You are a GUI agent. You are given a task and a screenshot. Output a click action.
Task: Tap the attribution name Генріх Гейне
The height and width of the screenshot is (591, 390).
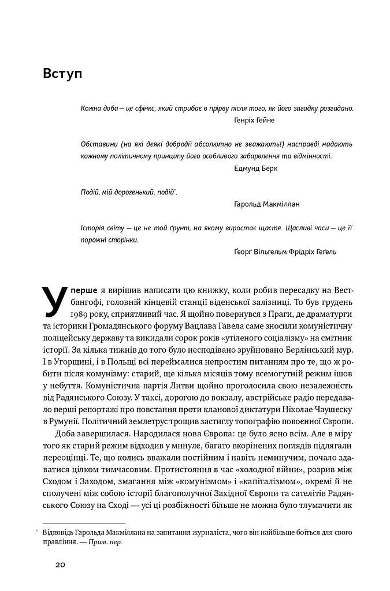pyautogui.click(x=255, y=120)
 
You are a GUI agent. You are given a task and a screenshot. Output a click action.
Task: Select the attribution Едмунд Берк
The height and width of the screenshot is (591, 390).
pyautogui.click(x=256, y=169)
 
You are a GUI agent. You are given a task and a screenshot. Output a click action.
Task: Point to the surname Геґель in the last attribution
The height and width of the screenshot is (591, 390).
pyautogui.click(x=325, y=252)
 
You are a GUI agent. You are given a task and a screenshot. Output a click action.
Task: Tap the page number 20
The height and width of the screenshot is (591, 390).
pyautogui.click(x=61, y=564)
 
